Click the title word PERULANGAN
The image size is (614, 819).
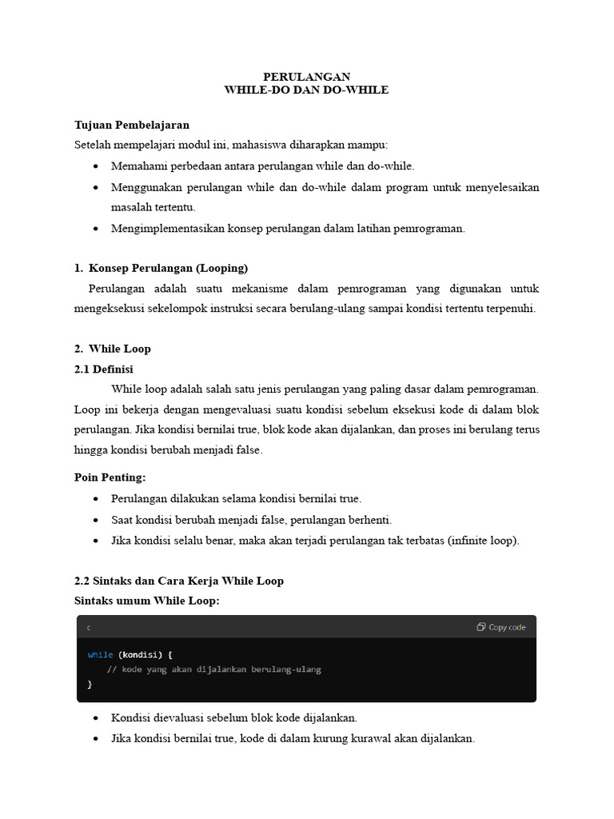click(306, 77)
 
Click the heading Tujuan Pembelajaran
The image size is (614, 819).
click(132, 125)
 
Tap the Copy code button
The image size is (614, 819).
click(501, 627)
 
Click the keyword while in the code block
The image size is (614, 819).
click(100, 654)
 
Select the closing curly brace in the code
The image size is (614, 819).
click(90, 684)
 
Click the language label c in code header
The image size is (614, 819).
click(89, 628)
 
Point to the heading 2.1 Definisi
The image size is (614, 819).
click(104, 369)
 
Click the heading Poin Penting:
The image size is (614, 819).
click(110, 477)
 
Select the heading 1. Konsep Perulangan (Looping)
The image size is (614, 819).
click(161, 268)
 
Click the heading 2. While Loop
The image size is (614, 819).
click(113, 349)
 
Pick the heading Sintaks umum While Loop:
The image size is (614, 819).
click(146, 600)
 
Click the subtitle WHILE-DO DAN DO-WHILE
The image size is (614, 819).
click(306, 90)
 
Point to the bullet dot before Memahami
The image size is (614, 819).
click(96, 166)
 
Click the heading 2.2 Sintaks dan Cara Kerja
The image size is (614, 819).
click(178, 581)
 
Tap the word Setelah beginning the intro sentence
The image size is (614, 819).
click(93, 145)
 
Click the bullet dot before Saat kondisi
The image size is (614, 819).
click(96, 520)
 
